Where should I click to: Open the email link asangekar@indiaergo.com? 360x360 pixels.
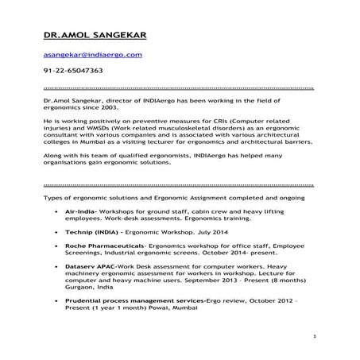pos(92,54)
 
